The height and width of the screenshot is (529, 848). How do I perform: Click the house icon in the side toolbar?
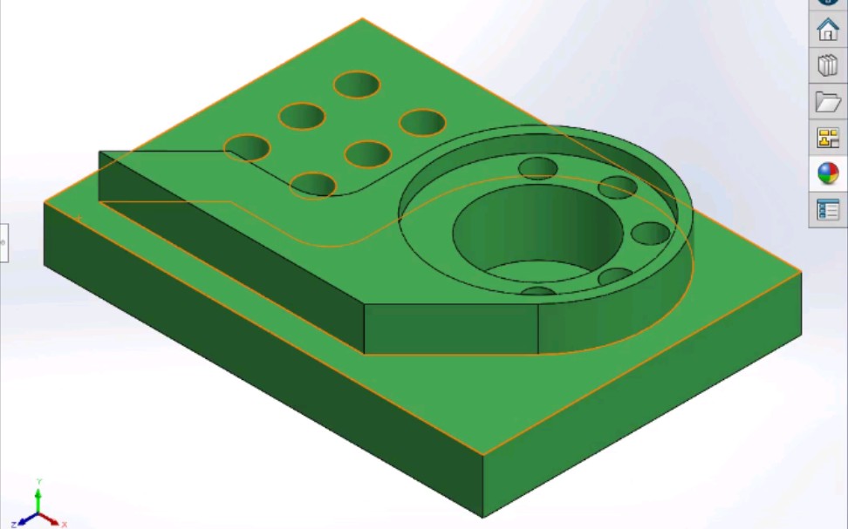(x=827, y=30)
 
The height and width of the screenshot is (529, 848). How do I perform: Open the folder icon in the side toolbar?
(x=827, y=102)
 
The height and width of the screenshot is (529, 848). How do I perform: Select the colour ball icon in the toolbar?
(x=827, y=173)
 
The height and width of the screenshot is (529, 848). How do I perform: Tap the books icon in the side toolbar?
(x=827, y=66)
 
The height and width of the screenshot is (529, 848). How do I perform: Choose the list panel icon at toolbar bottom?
(x=827, y=210)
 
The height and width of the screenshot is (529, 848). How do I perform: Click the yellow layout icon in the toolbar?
(x=827, y=138)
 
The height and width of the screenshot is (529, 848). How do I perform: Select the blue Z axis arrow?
(x=24, y=519)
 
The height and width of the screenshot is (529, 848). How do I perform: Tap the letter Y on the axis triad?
(x=38, y=482)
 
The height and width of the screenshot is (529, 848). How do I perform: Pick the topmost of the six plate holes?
(x=357, y=85)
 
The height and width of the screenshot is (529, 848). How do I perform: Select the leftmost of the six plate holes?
(x=248, y=147)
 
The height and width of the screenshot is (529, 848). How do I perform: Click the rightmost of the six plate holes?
(x=422, y=122)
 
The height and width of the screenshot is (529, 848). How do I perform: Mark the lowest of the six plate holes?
(x=313, y=185)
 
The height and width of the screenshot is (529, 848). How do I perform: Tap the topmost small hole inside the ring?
(x=538, y=167)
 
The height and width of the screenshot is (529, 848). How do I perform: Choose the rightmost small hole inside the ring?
(x=651, y=233)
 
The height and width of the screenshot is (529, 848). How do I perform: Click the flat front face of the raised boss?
(x=450, y=330)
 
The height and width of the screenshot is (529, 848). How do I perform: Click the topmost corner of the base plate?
(x=362, y=18)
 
